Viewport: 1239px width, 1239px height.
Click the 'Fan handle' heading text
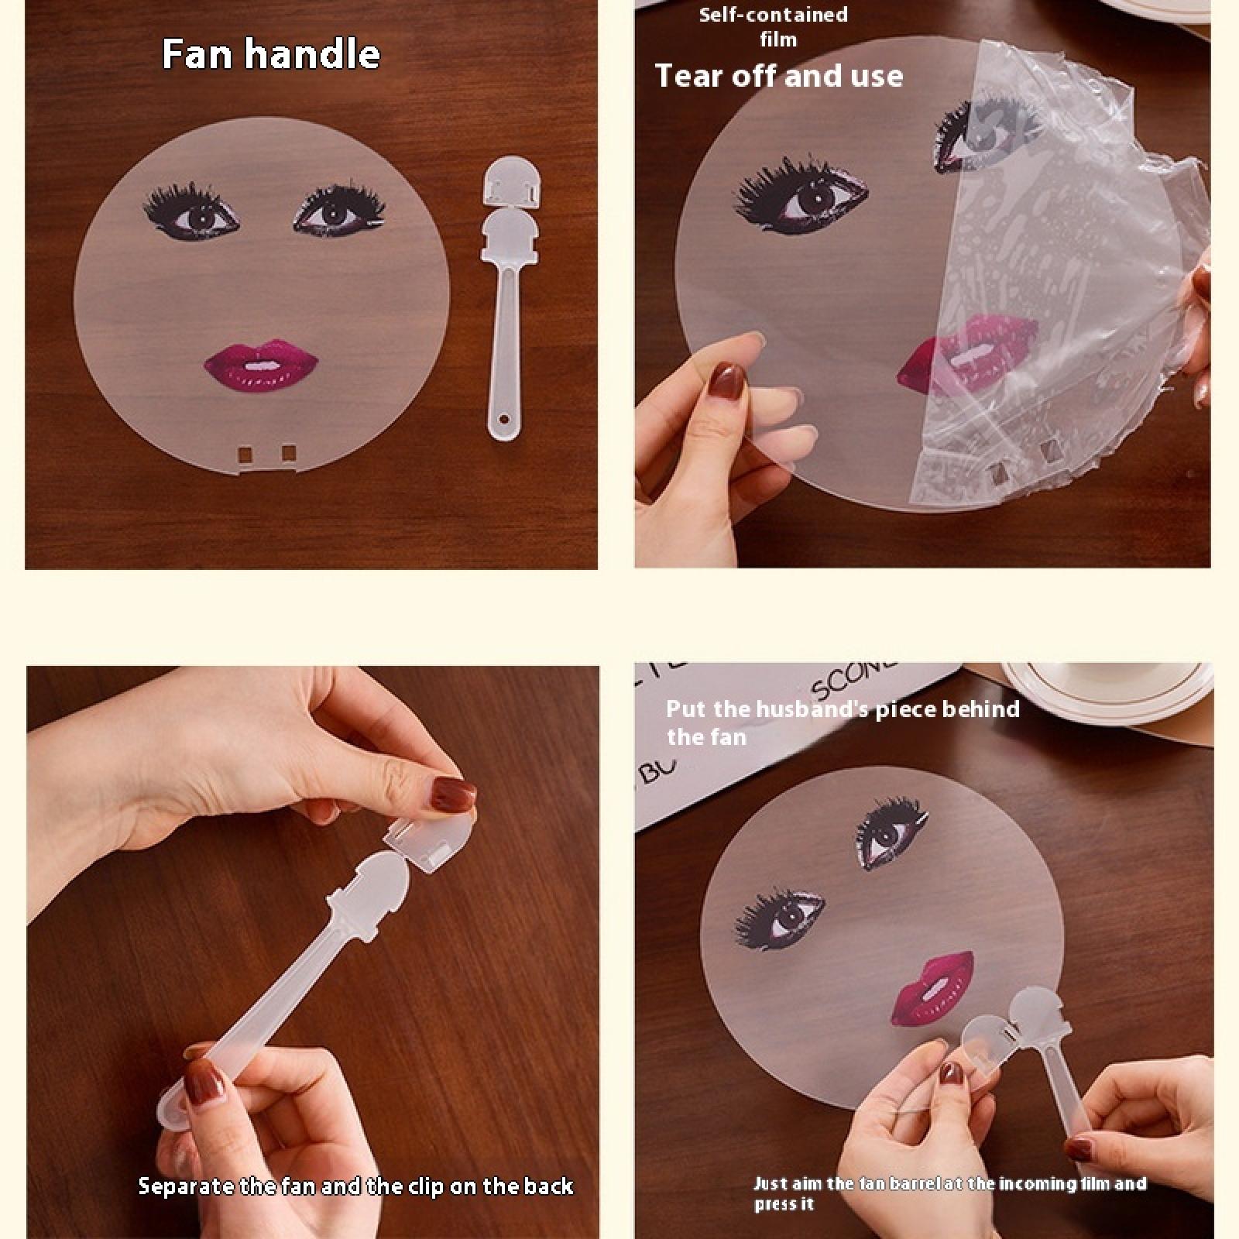coord(271,55)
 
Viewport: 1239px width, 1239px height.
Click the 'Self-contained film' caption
coord(773,27)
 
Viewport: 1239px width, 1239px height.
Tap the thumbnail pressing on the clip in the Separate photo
coord(453,795)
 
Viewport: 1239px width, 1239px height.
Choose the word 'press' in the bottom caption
coord(776,1204)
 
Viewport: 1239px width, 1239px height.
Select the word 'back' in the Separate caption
coord(548,1186)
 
